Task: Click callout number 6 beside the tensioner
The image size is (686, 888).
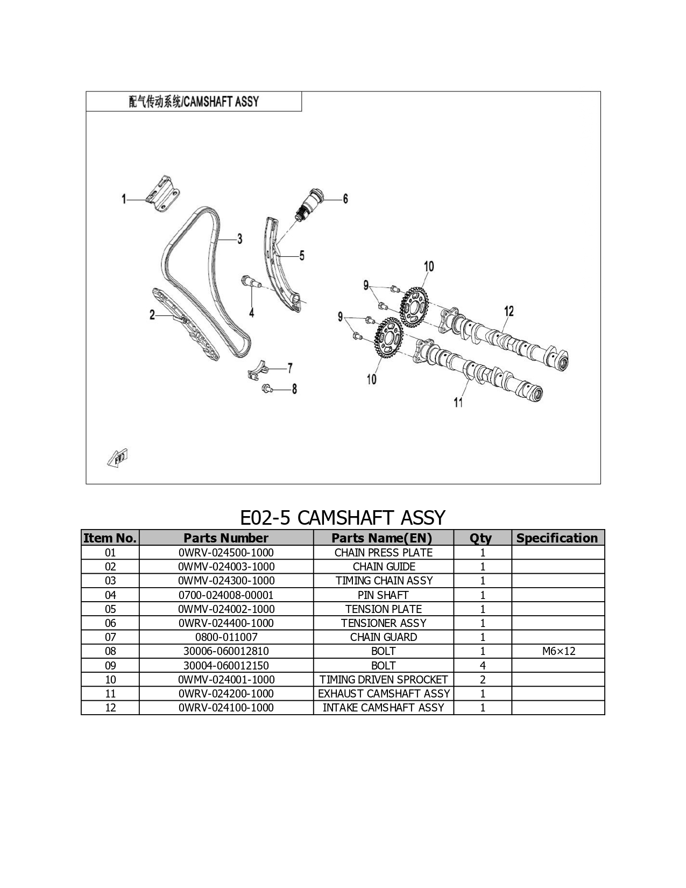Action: [345, 199]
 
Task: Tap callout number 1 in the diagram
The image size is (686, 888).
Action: [124, 200]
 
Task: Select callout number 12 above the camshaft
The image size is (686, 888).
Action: [508, 312]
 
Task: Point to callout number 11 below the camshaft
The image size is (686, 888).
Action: [458, 403]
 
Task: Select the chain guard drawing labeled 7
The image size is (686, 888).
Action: [259, 369]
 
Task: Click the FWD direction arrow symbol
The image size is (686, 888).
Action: [118, 459]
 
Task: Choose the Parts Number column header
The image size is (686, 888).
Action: [226, 538]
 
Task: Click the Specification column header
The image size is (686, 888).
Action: [558, 538]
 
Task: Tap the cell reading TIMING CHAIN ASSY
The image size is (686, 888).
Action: [384, 581]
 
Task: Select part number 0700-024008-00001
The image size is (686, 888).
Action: [226, 595]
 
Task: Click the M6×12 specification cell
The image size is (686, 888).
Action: [558, 651]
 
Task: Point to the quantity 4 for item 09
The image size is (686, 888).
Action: [483, 666]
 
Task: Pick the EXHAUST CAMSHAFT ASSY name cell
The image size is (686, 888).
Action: [384, 694]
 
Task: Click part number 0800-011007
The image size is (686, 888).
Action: [226, 637]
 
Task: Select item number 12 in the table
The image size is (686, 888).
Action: [110, 708]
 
